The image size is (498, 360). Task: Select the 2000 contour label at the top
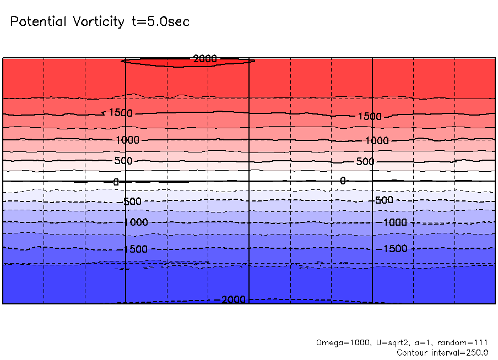(205, 58)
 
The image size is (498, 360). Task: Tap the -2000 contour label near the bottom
(232, 299)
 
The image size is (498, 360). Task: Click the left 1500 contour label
(121, 113)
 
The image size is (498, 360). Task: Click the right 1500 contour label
(370, 117)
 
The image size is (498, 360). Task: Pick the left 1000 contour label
(128, 140)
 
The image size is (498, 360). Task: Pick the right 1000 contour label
(377, 141)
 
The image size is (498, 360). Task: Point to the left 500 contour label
(123, 161)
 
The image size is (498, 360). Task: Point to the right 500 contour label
(365, 161)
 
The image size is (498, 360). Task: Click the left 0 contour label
(116, 182)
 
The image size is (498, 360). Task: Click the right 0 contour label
(343, 181)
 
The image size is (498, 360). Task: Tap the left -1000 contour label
(135, 222)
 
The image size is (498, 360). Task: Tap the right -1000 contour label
(394, 222)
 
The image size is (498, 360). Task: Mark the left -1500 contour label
(135, 249)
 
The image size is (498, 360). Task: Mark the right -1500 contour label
(394, 249)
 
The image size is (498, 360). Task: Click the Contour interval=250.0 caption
(442, 352)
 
